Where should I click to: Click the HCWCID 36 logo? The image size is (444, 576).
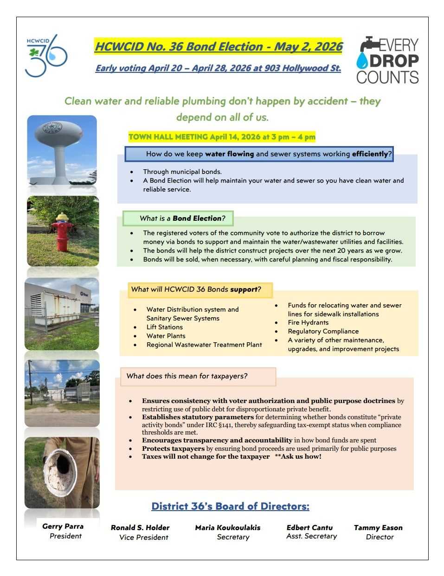click(46, 56)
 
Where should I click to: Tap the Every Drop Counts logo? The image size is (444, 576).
click(387, 60)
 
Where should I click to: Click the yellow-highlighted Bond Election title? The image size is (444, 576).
click(219, 47)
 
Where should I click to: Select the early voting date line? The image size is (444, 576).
click(218, 68)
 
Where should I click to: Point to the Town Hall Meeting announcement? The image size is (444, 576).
click(222, 137)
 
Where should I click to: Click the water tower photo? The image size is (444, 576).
click(62, 150)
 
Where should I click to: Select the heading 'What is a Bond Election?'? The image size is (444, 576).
click(178, 218)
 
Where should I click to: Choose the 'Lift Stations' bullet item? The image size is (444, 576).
click(165, 327)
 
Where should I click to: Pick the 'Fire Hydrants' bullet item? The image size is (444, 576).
click(308, 322)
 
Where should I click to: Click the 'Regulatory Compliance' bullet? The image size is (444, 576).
click(323, 331)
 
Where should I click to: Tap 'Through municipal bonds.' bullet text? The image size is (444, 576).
click(182, 172)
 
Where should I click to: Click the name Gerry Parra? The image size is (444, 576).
click(63, 526)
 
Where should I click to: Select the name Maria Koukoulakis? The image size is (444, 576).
click(228, 528)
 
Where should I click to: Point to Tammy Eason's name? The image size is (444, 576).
click(378, 528)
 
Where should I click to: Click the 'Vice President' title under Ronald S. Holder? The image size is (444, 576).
click(144, 538)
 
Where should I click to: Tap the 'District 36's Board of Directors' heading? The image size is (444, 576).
click(230, 506)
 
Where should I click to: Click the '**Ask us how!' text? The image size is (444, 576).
click(298, 456)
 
